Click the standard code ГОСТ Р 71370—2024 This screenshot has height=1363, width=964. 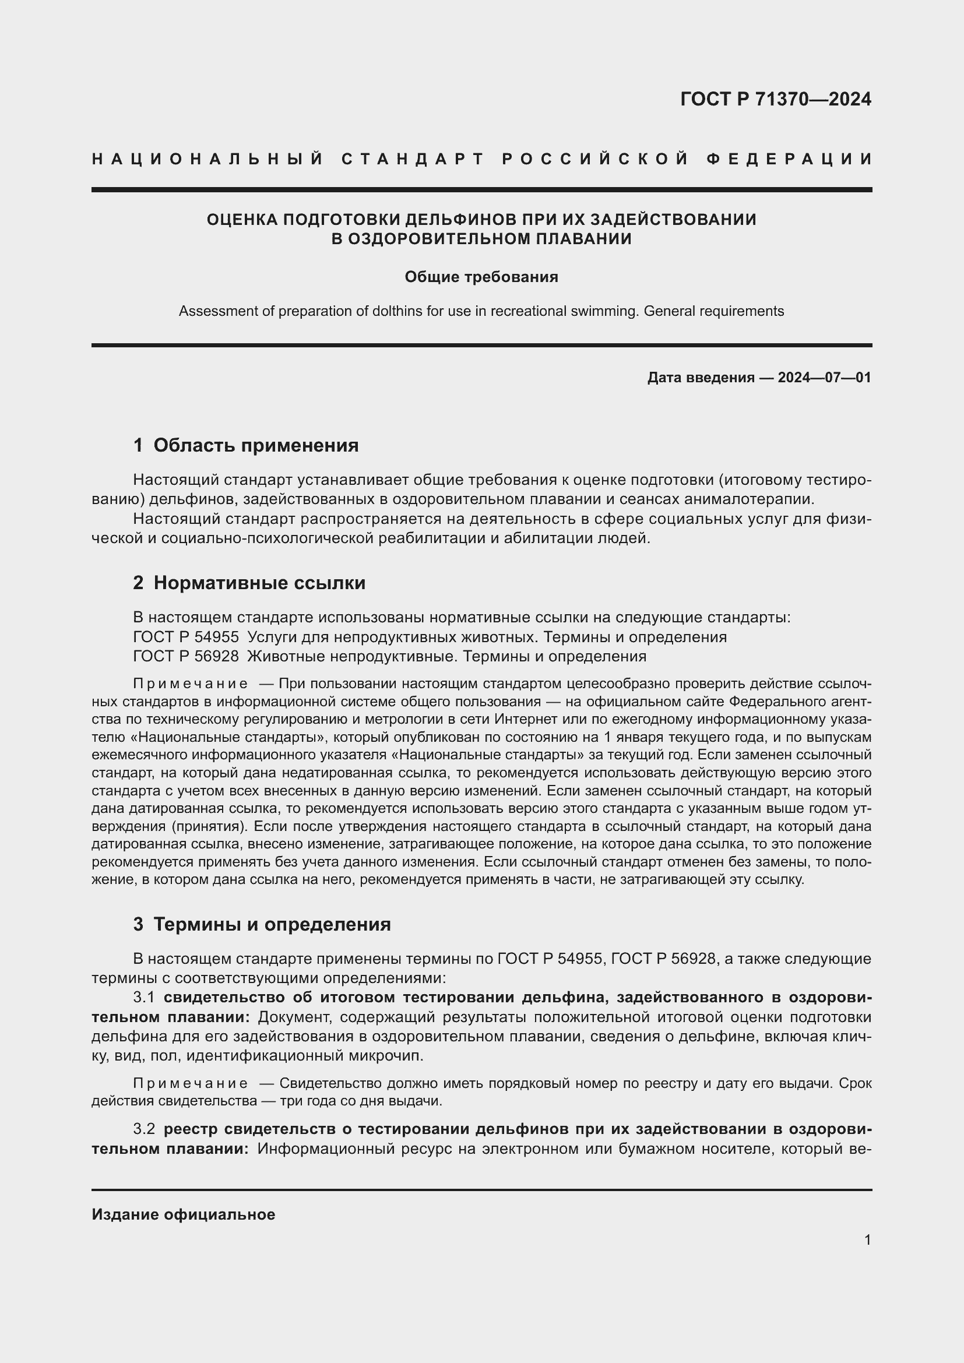(x=775, y=99)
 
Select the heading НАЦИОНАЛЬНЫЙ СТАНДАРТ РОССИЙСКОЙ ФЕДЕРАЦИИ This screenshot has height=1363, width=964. (x=482, y=159)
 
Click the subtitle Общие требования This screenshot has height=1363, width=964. (x=481, y=277)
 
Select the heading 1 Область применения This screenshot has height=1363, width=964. (x=246, y=445)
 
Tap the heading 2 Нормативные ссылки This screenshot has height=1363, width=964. (x=249, y=583)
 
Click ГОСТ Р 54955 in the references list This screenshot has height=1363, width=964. (x=186, y=637)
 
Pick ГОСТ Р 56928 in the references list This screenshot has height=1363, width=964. (x=186, y=657)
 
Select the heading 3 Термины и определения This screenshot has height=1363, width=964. (x=262, y=924)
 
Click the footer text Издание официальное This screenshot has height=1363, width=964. (x=184, y=1214)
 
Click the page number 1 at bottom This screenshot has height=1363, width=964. (x=867, y=1239)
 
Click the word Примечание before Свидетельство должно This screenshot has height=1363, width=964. (x=191, y=1083)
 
